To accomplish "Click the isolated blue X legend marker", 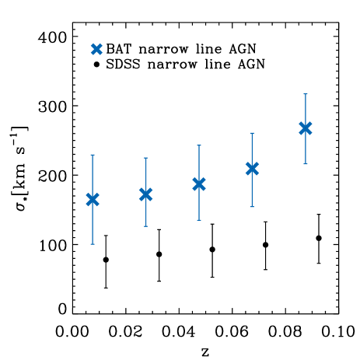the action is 96,49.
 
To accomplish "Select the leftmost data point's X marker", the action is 93,199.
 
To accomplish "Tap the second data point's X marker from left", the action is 145,194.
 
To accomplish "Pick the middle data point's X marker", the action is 199,183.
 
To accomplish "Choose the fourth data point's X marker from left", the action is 252,168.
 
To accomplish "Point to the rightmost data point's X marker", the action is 306,128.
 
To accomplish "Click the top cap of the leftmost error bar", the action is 93,155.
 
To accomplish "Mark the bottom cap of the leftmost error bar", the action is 93,244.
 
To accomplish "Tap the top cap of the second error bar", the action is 145,158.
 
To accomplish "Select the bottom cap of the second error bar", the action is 145,226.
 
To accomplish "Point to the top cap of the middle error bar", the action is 199,145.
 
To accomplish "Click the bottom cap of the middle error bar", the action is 199,220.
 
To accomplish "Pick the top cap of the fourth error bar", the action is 252,133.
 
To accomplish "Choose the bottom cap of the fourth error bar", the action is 252,206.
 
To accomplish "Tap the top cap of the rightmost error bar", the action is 306,94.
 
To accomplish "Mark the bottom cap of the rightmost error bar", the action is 306,163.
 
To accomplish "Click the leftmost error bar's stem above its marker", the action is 93,175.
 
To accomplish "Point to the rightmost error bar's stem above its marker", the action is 306,109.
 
